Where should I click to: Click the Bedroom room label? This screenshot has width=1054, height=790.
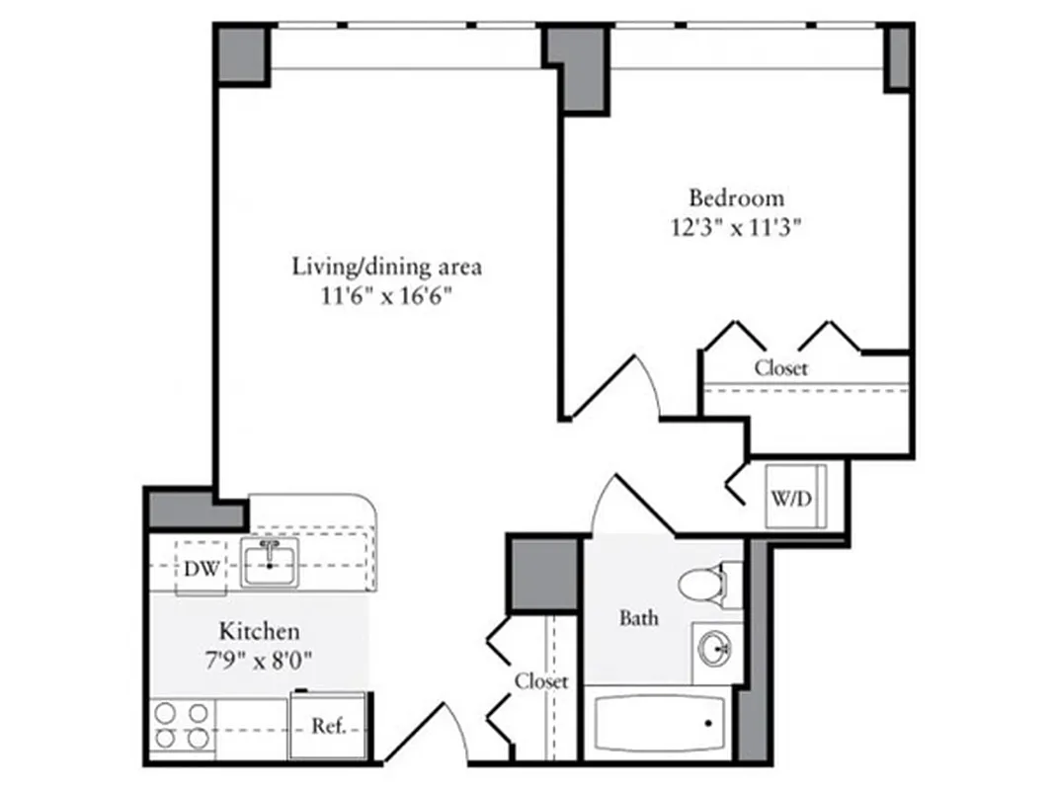[736, 197]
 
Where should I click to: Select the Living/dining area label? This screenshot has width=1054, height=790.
[386, 266]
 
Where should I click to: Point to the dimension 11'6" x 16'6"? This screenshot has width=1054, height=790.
[386, 295]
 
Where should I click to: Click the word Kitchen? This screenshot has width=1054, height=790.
[259, 631]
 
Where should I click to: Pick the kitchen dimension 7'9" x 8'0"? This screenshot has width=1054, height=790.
[259, 660]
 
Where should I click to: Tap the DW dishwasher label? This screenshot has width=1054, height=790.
[201, 569]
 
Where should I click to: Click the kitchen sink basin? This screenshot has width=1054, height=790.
[268, 566]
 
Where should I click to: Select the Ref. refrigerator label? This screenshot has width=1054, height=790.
[328, 726]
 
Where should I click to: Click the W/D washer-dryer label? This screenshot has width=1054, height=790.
[790, 499]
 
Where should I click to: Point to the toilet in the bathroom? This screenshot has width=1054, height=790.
[703, 584]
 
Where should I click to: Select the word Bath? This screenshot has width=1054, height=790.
[639, 619]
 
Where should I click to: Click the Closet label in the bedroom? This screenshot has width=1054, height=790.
[781, 368]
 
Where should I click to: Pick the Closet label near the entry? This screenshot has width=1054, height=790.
[541, 681]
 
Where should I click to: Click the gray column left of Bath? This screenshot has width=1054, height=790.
[544, 574]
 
